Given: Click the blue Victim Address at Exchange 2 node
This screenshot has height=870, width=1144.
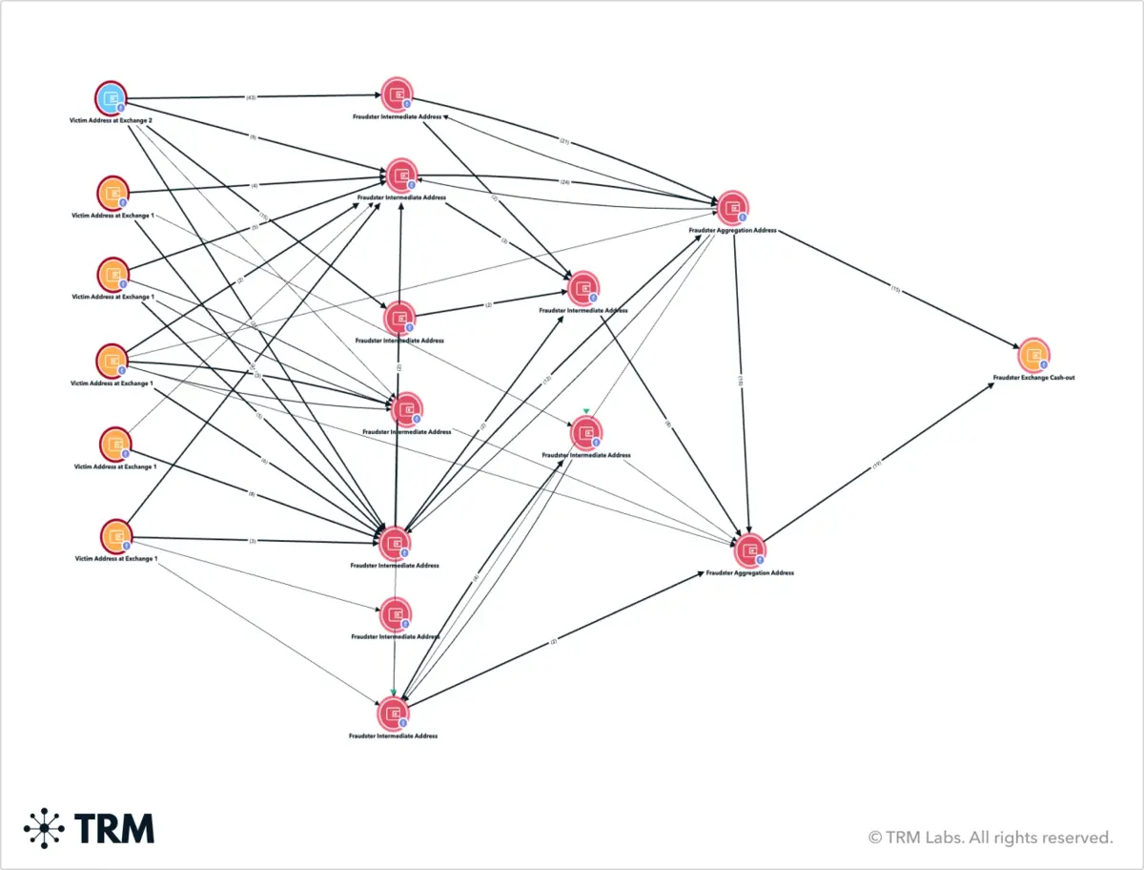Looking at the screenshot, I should pyautogui.click(x=111, y=98).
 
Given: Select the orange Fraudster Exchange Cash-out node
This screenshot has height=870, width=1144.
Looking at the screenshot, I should pyautogui.click(x=1033, y=355).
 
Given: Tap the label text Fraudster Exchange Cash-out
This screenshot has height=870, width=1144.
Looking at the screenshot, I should pyautogui.click(x=1033, y=378).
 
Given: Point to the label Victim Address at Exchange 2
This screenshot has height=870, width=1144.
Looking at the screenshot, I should pyautogui.click(x=111, y=122).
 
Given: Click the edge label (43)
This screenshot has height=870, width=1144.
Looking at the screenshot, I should pyautogui.click(x=251, y=97).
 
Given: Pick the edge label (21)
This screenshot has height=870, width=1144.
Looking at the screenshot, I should pyautogui.click(x=564, y=142).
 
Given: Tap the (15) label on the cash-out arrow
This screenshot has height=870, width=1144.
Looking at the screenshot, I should pyautogui.click(x=895, y=288).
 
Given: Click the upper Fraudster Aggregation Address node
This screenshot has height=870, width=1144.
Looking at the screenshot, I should pyautogui.click(x=732, y=207).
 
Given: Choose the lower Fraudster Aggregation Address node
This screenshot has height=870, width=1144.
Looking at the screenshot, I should pyautogui.click(x=750, y=549).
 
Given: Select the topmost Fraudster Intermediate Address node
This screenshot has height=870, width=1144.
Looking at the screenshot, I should pyautogui.click(x=397, y=93).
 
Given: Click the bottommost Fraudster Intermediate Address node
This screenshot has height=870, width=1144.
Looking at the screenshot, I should pyautogui.click(x=393, y=714).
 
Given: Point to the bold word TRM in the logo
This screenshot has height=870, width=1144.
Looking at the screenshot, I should pyautogui.click(x=114, y=827).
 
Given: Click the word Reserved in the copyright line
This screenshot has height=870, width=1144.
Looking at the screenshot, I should pyautogui.click(x=1076, y=838).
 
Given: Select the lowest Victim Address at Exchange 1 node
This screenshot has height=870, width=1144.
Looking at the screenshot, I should pyautogui.click(x=114, y=536).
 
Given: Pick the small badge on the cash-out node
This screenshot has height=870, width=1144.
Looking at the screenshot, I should pyautogui.click(x=1043, y=364).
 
